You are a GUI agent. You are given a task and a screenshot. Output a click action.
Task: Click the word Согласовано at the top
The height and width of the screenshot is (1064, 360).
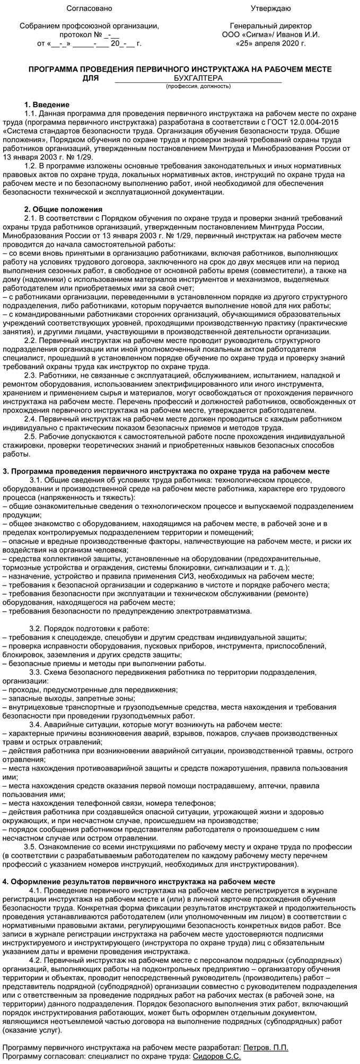pos(90,8)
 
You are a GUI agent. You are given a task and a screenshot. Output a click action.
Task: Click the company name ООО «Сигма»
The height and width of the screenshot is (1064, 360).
pos(245,34)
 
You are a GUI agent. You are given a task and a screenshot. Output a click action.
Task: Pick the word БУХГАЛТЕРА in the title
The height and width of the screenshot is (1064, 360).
pos(198,78)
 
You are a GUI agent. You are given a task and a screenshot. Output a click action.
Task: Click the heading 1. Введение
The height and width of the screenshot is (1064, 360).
pos(47,104)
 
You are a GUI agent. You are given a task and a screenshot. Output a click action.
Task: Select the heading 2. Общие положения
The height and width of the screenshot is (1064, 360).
pos(64,209)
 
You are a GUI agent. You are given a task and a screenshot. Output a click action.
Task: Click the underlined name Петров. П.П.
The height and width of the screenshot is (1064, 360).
pos(265,1048)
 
